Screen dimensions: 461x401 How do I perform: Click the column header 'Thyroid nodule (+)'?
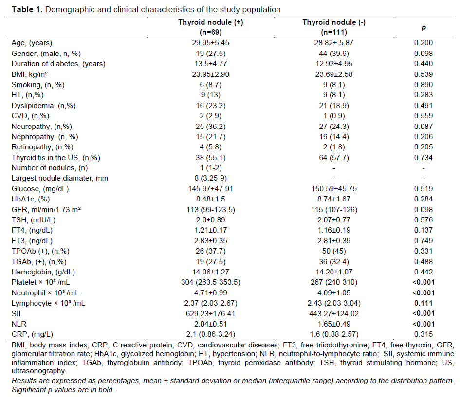tap(210, 23)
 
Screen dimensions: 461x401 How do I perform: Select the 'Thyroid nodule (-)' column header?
tap(334, 23)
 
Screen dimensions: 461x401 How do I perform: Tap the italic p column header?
tap(424, 28)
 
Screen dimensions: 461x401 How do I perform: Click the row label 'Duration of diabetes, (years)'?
tap(58, 64)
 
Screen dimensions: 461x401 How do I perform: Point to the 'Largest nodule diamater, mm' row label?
tap(60, 178)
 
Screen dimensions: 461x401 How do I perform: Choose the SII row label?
tap(16, 314)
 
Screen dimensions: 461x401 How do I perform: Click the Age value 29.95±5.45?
tap(210, 43)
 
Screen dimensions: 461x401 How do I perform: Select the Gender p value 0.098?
tap(424, 54)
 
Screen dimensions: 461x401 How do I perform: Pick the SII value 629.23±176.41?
tap(210, 314)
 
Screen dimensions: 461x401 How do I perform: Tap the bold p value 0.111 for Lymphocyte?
tap(424, 303)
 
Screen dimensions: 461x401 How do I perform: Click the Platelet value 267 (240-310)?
tap(334, 283)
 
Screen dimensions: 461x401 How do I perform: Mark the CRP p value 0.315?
tap(424, 334)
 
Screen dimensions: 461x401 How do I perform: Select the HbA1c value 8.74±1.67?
tap(334, 199)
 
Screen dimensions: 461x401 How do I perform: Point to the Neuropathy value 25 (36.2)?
tap(210, 127)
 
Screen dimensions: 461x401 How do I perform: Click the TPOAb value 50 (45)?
tap(334, 252)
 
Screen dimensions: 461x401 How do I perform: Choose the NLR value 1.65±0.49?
tap(334, 324)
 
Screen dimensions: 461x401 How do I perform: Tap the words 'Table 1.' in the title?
tap(27, 10)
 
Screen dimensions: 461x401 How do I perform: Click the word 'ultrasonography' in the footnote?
tap(39, 371)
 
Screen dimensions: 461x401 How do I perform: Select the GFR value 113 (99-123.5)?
tap(210, 210)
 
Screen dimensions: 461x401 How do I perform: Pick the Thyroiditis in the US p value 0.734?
tap(424, 158)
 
